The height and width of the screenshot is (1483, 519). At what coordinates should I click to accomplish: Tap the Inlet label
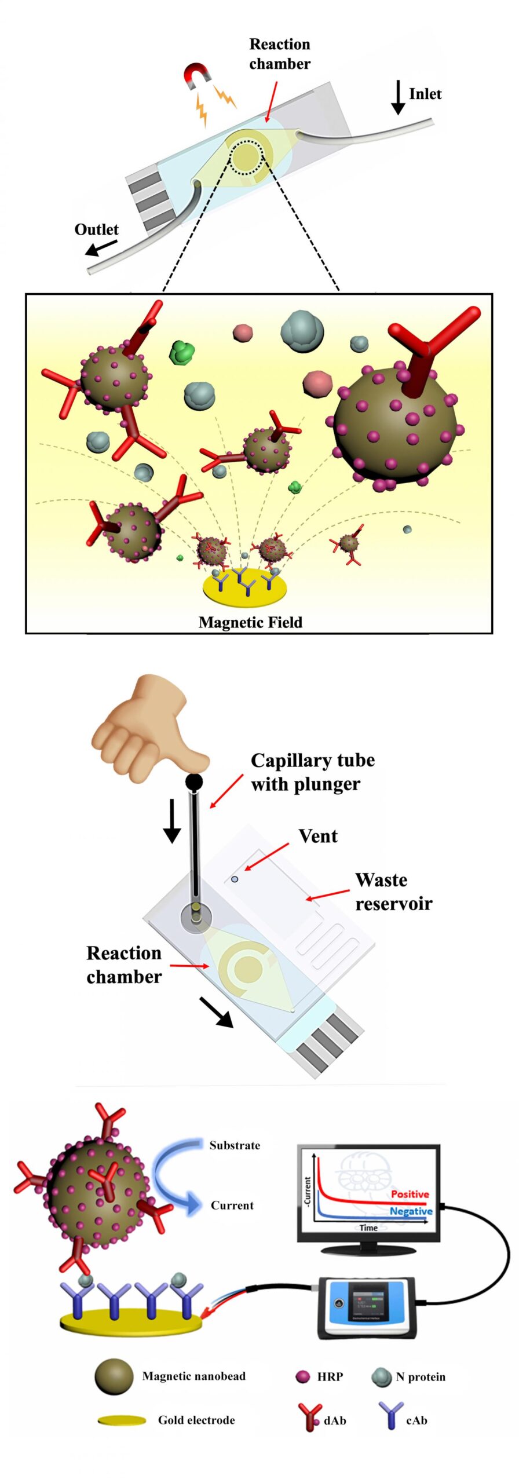tap(425, 94)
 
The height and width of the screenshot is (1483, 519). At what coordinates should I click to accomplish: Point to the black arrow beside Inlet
tap(398, 97)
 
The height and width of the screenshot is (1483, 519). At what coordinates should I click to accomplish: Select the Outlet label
tap(96, 229)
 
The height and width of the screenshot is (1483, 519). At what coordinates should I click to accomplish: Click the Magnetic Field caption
tap(250, 622)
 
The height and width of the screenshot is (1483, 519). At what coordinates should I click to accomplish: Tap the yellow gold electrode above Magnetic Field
tap(245, 589)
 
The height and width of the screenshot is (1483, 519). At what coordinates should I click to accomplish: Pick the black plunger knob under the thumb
tap(194, 783)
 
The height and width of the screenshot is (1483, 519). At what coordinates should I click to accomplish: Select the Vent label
tap(318, 836)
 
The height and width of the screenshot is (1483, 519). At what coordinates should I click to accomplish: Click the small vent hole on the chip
tap(235, 879)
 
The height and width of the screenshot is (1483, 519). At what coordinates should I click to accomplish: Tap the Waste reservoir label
tap(393, 892)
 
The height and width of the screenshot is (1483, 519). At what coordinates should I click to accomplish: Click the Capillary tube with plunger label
tap(312, 772)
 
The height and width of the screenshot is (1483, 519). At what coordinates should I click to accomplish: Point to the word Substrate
tap(235, 1145)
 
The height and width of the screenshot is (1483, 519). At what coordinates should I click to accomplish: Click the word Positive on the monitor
tap(410, 1194)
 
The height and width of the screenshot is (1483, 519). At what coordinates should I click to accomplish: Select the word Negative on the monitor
tap(411, 1211)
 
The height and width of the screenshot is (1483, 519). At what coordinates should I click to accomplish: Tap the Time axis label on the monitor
tap(368, 1228)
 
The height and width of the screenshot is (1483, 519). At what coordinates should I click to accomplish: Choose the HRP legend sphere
tap(302, 1376)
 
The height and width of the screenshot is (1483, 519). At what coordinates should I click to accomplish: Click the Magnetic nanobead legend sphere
tap(114, 1376)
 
